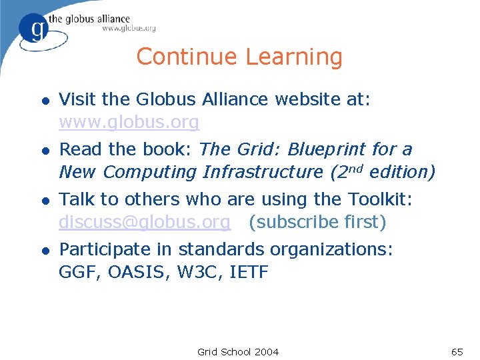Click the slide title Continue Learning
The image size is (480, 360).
[239, 57]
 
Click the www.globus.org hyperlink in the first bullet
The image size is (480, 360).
[129, 123]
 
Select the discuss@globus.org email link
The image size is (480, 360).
[145, 221]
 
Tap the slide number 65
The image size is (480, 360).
[457, 351]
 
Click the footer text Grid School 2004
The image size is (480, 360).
[238, 351]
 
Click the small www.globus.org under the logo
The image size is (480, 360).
[129, 29]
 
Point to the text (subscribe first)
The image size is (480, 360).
[317, 221]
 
